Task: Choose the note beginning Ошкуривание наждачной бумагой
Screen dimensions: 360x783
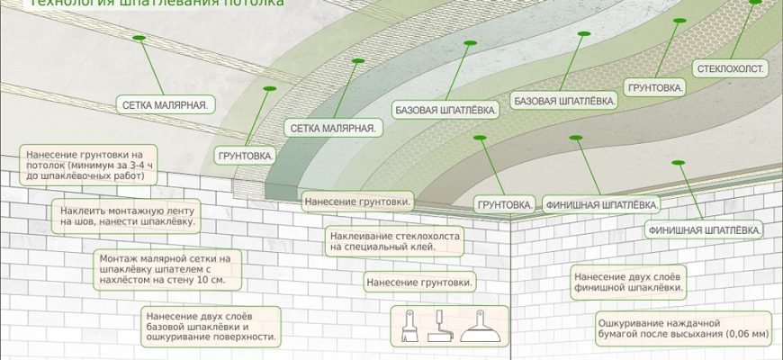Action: coord(682,327)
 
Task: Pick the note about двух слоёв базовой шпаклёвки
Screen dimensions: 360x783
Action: coord(210,327)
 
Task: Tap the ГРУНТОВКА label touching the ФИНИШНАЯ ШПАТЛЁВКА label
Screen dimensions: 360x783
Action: coord(503,204)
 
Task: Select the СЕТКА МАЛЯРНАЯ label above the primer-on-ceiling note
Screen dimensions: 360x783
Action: coord(166,104)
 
